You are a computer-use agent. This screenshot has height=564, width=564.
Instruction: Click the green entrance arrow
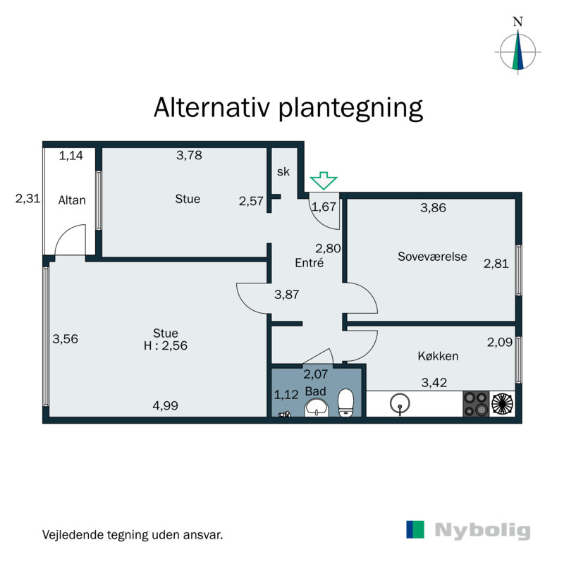324,180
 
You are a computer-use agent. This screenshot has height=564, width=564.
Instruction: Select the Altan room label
72,200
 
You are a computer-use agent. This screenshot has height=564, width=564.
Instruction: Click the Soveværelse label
432,257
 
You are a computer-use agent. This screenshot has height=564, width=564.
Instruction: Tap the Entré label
309,263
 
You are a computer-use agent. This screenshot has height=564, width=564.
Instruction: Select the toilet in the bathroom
345,403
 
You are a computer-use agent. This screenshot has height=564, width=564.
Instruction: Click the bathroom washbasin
316,408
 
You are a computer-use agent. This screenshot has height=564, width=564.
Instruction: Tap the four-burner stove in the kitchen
475,404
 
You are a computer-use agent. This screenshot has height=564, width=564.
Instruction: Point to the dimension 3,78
188,156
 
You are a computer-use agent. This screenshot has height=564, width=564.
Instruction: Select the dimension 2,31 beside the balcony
27,200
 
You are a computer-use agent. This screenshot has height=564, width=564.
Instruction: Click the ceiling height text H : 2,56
166,345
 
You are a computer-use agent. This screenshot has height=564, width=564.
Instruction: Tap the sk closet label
283,172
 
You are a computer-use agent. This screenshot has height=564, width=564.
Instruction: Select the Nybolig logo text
482,530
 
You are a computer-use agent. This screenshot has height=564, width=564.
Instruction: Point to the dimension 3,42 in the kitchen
434,384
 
